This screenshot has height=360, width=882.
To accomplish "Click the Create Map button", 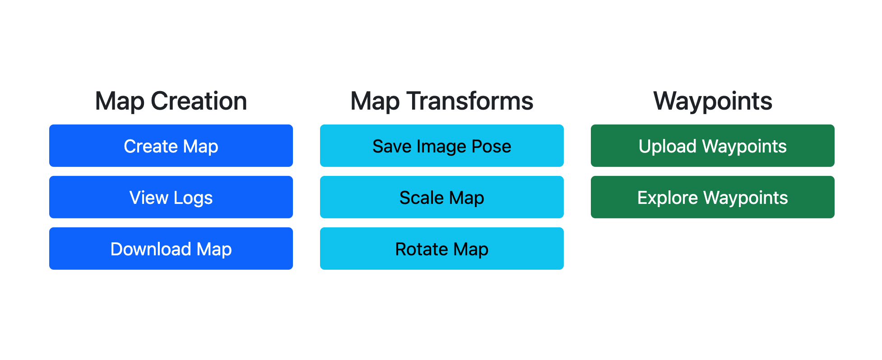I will click(x=171, y=146).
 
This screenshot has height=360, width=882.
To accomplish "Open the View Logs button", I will click(x=171, y=197).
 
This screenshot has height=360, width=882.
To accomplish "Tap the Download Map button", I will click(x=171, y=249).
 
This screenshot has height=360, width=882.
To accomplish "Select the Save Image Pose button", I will click(x=441, y=146).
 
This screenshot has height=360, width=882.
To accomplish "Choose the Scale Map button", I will click(x=441, y=197).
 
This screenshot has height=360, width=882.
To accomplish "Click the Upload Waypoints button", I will click(x=712, y=146).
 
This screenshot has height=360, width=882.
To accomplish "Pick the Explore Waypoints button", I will click(x=712, y=197).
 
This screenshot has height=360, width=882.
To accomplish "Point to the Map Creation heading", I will click(x=171, y=101).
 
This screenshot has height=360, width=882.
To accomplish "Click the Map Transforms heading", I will click(x=441, y=101).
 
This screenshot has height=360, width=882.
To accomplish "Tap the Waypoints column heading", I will click(x=712, y=101).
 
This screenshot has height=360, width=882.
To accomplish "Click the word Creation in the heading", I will click(x=199, y=101).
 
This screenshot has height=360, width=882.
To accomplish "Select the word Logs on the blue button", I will click(x=193, y=198).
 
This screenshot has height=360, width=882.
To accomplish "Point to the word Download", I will click(x=151, y=249).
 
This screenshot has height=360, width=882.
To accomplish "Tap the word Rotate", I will click(x=422, y=249).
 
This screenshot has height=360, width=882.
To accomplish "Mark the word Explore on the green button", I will click(x=668, y=198).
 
